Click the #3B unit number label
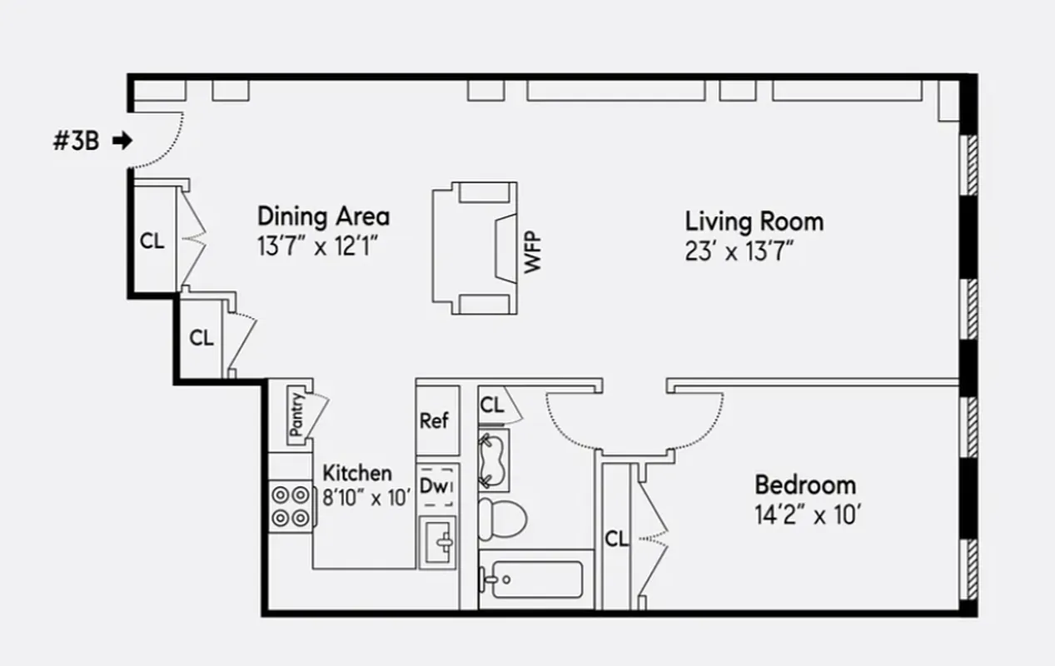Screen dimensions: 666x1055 pyautogui.click(x=76, y=142)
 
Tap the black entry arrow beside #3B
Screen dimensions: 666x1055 pyautogui.click(x=122, y=141)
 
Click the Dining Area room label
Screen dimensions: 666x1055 pyautogui.click(x=323, y=216)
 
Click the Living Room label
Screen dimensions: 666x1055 pyautogui.click(x=754, y=221)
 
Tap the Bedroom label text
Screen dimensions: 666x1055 pyautogui.click(x=804, y=485)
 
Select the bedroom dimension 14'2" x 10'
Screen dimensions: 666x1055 pyautogui.click(x=807, y=515)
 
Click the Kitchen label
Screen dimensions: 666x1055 pyautogui.click(x=356, y=473)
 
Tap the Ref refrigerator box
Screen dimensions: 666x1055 pyautogui.click(x=434, y=420)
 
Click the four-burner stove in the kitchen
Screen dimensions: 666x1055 pyautogui.click(x=290, y=505)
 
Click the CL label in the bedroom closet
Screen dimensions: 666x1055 pyautogui.click(x=616, y=539)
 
